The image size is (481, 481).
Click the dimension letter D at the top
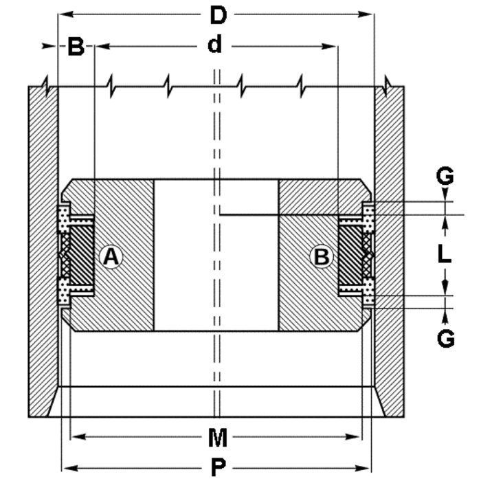pos(218,14)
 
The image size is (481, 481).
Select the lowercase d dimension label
pos(216,45)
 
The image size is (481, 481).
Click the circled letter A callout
pos(111,257)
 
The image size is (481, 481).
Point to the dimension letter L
pos(445,255)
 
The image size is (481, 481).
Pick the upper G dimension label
pos(445,177)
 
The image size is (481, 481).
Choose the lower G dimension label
pos(446,338)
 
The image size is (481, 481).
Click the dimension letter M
pos(218,436)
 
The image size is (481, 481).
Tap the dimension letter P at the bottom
pos(218,468)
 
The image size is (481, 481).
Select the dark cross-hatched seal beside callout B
pos(350,256)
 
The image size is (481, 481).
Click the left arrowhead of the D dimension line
pos(63,14)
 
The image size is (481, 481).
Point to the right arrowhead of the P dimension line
pos(368,468)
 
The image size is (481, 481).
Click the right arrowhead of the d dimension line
pos(333,46)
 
